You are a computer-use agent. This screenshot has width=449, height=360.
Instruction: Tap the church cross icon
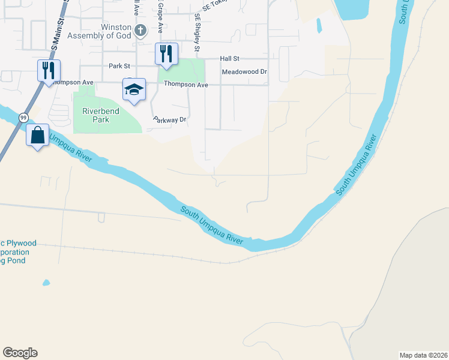tap(140, 30)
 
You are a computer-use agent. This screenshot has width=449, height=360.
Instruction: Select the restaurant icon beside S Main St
tap(47, 70)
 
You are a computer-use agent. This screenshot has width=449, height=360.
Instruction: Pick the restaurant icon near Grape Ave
tap(166, 53)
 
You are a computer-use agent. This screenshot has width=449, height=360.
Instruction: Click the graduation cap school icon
tap(134, 90)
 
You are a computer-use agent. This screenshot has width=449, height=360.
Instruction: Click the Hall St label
tap(229, 59)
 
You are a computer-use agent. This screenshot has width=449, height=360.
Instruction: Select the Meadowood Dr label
tap(244, 71)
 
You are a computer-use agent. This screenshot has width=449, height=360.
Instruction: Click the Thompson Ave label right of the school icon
tap(185, 85)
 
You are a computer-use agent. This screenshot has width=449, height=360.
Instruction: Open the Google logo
tap(20, 353)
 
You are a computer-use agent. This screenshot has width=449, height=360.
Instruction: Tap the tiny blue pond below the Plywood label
tap(46, 283)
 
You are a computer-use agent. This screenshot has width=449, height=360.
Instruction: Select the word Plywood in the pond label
tap(21, 243)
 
